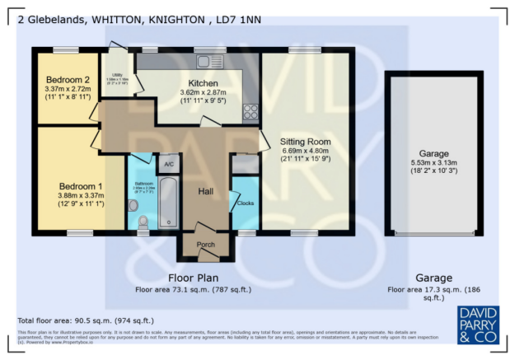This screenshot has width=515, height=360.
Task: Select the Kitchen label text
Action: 203,84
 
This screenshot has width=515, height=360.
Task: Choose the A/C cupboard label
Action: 169,165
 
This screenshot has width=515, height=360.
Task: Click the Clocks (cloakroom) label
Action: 245,203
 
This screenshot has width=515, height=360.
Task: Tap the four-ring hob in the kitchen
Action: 250,113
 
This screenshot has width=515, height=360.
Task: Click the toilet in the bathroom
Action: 143,221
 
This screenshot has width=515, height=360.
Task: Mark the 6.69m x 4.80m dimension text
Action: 304,151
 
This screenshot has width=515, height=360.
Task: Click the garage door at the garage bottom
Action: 433,233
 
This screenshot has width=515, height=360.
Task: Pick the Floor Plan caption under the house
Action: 193,278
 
